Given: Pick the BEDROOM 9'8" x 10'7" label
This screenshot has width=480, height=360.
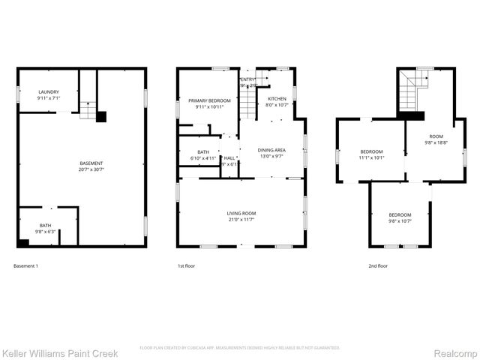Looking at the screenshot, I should point(399,217).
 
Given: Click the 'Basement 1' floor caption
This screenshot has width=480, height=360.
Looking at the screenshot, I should point(26,266).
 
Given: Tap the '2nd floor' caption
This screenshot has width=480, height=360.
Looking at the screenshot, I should point(378,266).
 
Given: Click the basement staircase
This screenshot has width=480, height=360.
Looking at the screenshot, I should point(88,111).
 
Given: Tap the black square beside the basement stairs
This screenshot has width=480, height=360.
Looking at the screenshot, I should point(102,116).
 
